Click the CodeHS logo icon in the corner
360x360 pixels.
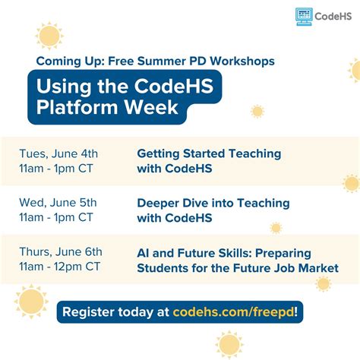click(x=305, y=15)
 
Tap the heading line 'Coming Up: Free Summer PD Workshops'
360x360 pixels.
click(x=155, y=60)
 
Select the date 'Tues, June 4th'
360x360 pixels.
click(x=58, y=153)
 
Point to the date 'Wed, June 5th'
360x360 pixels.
click(x=58, y=203)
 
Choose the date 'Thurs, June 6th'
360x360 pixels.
click(x=61, y=251)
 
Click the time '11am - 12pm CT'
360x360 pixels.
click(x=60, y=267)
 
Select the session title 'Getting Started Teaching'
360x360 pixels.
click(x=209, y=153)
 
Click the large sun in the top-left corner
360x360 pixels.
click(x=49, y=36)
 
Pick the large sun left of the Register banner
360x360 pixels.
click(x=30, y=301)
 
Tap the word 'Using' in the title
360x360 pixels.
click(x=60, y=84)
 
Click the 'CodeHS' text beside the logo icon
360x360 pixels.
click(x=333, y=15)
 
